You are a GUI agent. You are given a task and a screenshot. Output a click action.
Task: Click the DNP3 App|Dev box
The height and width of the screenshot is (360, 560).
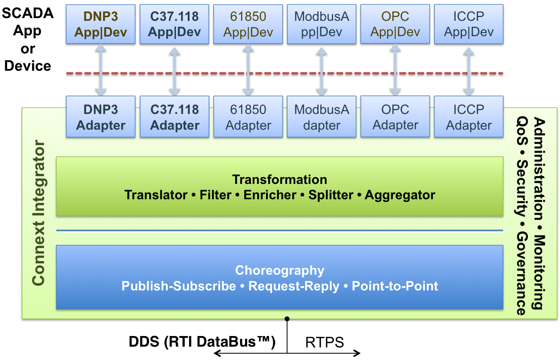tap(101, 24)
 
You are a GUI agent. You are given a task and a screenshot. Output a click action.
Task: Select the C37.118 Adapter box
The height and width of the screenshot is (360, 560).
tap(174, 117)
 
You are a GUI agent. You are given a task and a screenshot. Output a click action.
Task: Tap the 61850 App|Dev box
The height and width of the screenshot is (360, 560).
tap(248, 24)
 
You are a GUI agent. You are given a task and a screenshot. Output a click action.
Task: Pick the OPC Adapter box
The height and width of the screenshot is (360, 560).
tap(395, 117)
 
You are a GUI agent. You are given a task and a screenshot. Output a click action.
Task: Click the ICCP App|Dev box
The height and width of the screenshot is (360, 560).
tap(469, 24)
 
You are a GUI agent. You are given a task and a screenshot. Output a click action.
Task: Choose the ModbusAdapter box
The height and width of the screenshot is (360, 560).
tap(322, 117)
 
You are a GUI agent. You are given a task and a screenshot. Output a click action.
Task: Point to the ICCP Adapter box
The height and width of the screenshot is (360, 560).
tap(469, 117)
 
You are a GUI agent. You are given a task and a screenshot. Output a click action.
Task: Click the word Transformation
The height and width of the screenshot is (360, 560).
tap(280, 179)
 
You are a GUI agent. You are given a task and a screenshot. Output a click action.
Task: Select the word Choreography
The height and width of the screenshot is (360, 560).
tap(280, 271)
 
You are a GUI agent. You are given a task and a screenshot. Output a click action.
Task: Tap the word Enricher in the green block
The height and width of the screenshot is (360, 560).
tap(270, 195)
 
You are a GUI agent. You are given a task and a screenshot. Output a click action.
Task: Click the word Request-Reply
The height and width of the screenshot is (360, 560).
tap(294, 286)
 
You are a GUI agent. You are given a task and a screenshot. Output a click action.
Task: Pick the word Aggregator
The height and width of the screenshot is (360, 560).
tap(400, 195)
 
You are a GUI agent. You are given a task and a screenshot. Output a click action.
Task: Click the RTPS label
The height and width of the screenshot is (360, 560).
tap(324, 342)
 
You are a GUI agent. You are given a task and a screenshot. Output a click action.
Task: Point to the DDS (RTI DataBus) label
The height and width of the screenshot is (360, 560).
tap(202, 342)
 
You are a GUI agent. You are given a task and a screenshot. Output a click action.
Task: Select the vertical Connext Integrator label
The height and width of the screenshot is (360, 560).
tap(38, 213)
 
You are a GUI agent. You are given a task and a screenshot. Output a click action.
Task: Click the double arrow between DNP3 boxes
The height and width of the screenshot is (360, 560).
tap(101, 70)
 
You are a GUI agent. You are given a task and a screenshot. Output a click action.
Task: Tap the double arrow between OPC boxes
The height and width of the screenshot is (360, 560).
tap(395, 70)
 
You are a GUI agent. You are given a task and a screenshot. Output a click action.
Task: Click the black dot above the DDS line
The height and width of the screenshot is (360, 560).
tap(287, 319)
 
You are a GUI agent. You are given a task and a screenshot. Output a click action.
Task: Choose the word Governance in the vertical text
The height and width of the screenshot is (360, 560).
tap(522, 273)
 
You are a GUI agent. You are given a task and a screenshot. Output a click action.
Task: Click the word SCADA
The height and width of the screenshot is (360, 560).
tap(27, 13)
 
